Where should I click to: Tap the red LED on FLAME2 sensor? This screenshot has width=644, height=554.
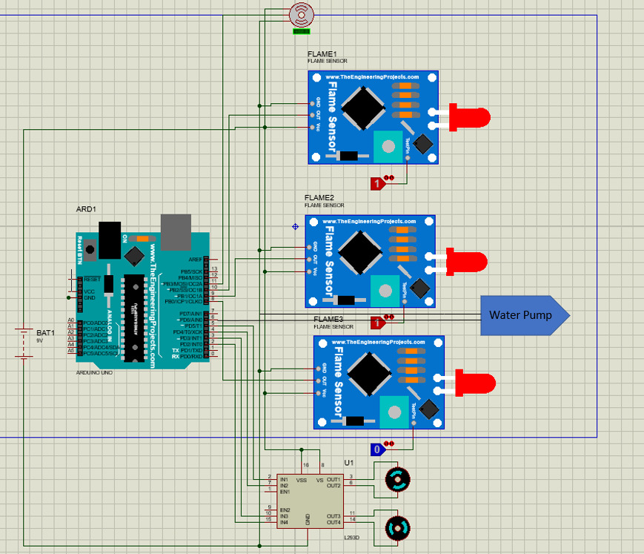click(468, 261)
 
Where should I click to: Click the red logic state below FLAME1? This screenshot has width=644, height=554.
click(377, 182)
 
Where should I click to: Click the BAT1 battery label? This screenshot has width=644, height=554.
click(46, 334)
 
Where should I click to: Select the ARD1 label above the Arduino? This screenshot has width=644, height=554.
click(86, 210)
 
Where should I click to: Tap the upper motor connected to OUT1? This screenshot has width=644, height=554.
click(398, 480)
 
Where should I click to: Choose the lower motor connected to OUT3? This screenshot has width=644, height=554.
click(398, 528)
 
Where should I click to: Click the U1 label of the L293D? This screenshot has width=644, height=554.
click(350, 463)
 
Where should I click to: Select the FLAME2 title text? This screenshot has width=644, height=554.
click(319, 198)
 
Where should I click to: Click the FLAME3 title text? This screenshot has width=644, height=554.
click(328, 319)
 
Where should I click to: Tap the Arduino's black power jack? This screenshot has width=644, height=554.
click(110, 239)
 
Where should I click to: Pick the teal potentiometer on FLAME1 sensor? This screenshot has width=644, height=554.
click(386, 144)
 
